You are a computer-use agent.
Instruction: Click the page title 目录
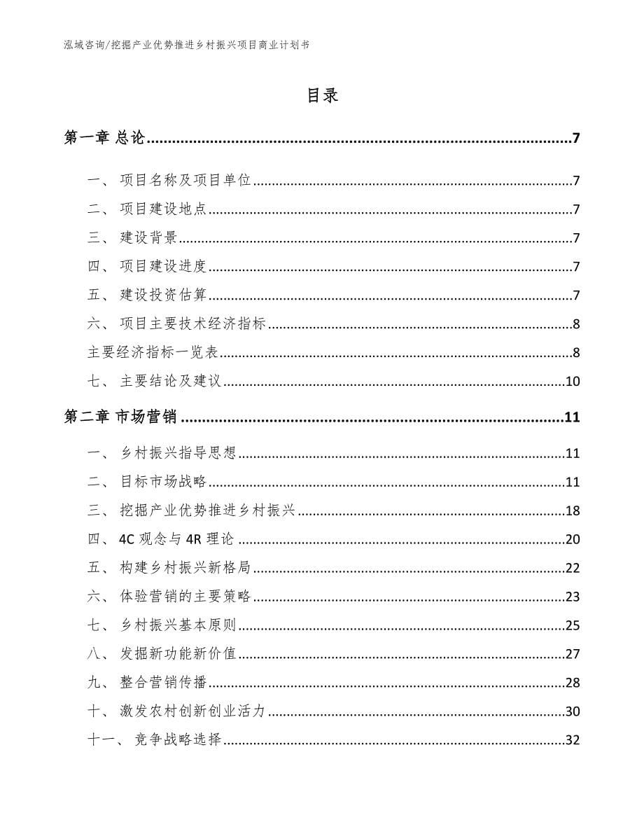click(x=322, y=96)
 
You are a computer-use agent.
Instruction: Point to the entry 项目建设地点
click(x=163, y=209)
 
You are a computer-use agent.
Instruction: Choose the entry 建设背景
click(x=148, y=238)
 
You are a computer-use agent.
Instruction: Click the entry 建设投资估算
click(x=163, y=295)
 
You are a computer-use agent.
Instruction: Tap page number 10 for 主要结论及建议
click(x=573, y=382)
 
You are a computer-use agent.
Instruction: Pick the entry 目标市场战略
click(x=163, y=482)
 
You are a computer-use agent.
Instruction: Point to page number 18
click(x=573, y=510)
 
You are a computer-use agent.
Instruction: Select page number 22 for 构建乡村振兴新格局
click(x=573, y=568)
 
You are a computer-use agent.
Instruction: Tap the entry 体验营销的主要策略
click(x=185, y=597)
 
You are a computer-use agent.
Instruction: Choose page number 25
click(x=573, y=625)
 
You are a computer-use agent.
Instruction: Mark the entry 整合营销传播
click(x=163, y=683)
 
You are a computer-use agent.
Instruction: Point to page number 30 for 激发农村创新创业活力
click(x=573, y=711)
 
